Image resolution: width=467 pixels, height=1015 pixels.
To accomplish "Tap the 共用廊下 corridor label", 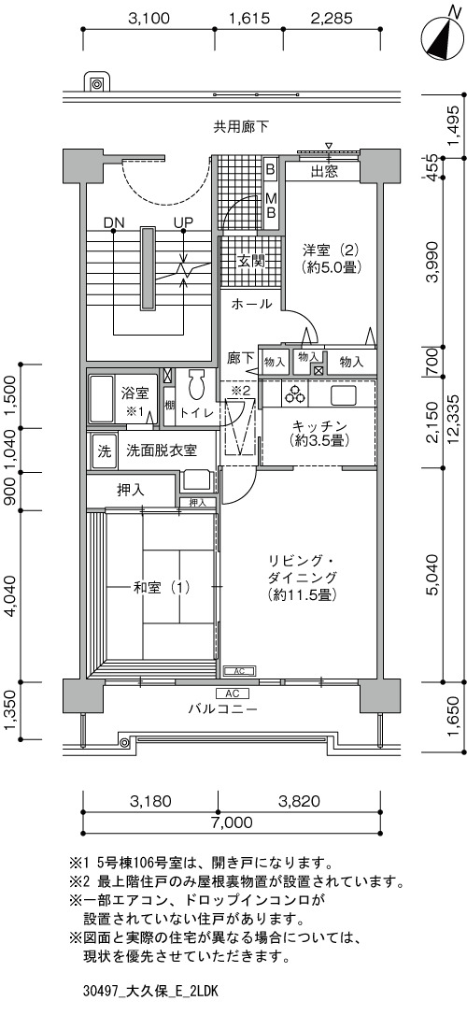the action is (241, 127).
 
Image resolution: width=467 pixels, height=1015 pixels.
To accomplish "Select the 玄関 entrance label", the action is (250, 262).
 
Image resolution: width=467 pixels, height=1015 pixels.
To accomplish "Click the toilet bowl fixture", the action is (195, 387).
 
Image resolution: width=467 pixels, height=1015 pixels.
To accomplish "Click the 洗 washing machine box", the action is (104, 450).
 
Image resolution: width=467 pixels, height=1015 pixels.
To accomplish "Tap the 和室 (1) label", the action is (162, 588).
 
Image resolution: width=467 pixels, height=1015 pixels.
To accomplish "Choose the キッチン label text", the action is (320, 426).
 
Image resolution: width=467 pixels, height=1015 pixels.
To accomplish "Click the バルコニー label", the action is (223, 708).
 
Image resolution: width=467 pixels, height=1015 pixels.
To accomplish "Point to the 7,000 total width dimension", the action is (231, 822).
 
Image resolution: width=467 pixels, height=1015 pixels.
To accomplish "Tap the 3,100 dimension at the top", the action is (149, 19).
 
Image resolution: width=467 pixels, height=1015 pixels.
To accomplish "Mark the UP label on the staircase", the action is (183, 222).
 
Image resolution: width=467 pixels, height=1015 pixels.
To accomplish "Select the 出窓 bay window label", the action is (325, 172).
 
